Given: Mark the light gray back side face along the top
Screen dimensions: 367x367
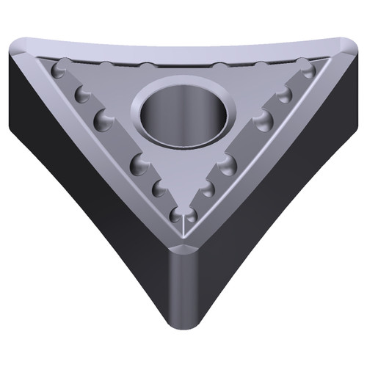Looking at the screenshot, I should [183, 46].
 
